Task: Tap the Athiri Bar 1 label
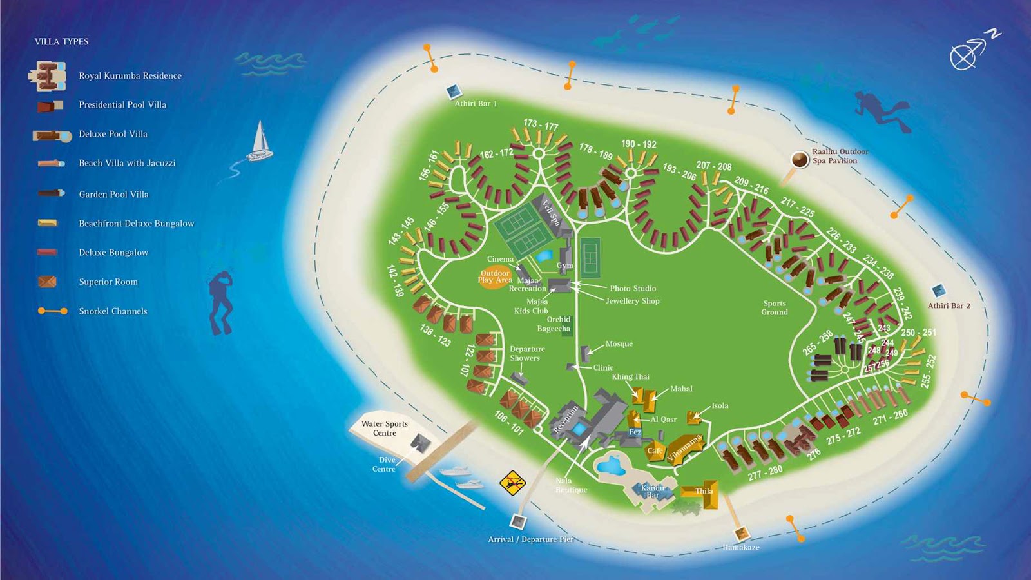(x=476, y=103)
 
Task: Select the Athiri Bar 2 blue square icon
(x=939, y=291)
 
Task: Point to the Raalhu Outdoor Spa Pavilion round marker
(x=800, y=159)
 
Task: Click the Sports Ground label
(x=774, y=307)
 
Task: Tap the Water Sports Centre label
(x=385, y=428)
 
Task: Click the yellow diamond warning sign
(x=513, y=482)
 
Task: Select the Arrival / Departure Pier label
(x=530, y=539)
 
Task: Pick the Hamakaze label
(x=740, y=547)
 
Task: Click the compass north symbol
(x=970, y=51)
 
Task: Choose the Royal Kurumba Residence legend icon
(x=48, y=76)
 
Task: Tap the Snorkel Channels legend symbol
(x=52, y=311)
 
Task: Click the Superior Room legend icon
(x=47, y=282)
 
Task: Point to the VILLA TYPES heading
(x=62, y=41)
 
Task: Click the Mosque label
(x=619, y=344)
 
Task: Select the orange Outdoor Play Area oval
(x=494, y=276)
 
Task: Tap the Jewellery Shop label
(x=632, y=301)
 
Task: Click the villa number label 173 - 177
(x=541, y=124)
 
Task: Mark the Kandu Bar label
(x=653, y=491)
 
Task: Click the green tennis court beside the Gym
(x=590, y=257)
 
